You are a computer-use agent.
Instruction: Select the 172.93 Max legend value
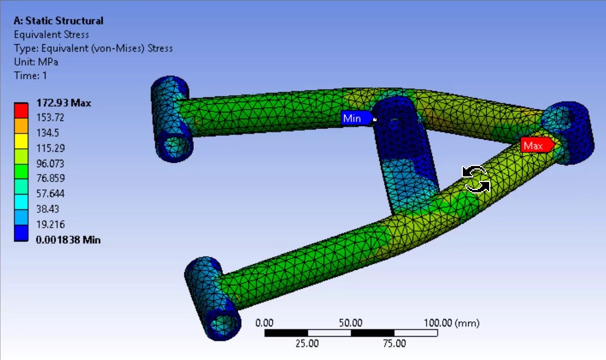click(x=63, y=103)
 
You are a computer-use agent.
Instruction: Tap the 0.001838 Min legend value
click(x=68, y=240)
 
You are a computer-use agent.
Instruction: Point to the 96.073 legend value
click(x=50, y=164)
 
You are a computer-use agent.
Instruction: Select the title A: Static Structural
click(x=58, y=21)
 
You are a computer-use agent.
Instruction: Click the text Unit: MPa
click(x=35, y=62)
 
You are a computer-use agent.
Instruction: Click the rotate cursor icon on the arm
click(x=475, y=179)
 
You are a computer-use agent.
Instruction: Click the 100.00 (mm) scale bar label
click(x=451, y=323)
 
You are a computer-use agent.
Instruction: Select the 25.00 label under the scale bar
click(x=307, y=343)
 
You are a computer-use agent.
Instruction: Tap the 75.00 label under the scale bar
click(x=394, y=343)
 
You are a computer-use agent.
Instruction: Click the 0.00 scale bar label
click(x=265, y=323)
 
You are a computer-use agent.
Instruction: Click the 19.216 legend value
click(x=50, y=224)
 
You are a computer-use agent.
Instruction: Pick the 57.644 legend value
click(x=50, y=194)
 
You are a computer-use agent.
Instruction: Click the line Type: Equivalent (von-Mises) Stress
click(x=93, y=48)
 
